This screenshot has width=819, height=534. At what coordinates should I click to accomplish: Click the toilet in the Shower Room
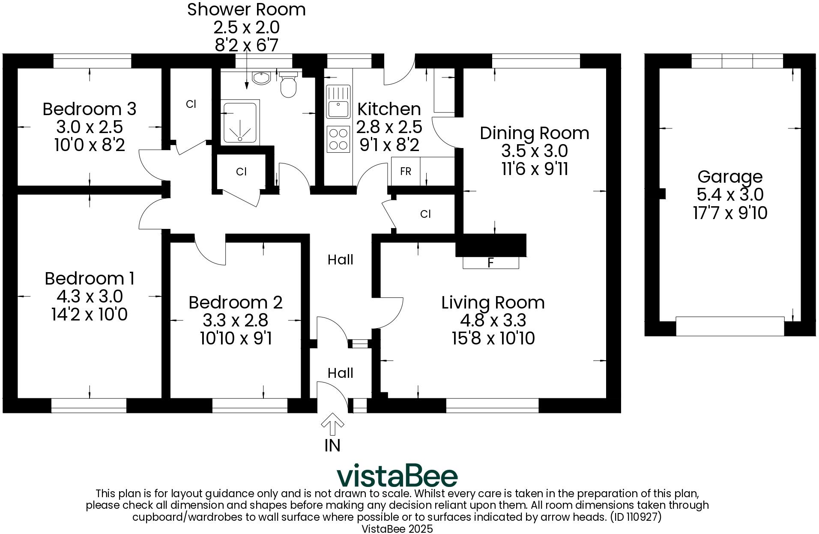[x=289, y=85]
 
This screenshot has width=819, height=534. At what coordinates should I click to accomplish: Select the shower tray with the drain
[x=240, y=123]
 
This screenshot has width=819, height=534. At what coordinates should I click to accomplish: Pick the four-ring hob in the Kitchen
[x=338, y=139]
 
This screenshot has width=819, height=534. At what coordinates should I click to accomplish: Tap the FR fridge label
[x=405, y=172]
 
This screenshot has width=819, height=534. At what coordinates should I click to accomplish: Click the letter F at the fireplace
[x=491, y=262]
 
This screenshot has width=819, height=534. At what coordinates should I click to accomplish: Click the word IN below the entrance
[x=332, y=446]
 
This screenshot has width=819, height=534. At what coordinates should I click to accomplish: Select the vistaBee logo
[x=397, y=475]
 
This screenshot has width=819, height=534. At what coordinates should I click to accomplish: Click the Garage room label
[x=729, y=176]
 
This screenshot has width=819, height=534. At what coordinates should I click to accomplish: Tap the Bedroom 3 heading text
[x=89, y=109]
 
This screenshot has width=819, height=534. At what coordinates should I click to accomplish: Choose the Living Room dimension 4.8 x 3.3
[x=493, y=320]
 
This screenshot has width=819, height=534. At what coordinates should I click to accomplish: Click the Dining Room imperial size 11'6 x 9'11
[x=534, y=169]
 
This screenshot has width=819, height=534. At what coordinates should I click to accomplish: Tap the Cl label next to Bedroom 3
[x=191, y=104]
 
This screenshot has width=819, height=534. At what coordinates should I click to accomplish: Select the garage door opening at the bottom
[x=729, y=326]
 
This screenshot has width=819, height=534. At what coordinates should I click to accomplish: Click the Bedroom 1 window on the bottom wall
[x=89, y=405]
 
